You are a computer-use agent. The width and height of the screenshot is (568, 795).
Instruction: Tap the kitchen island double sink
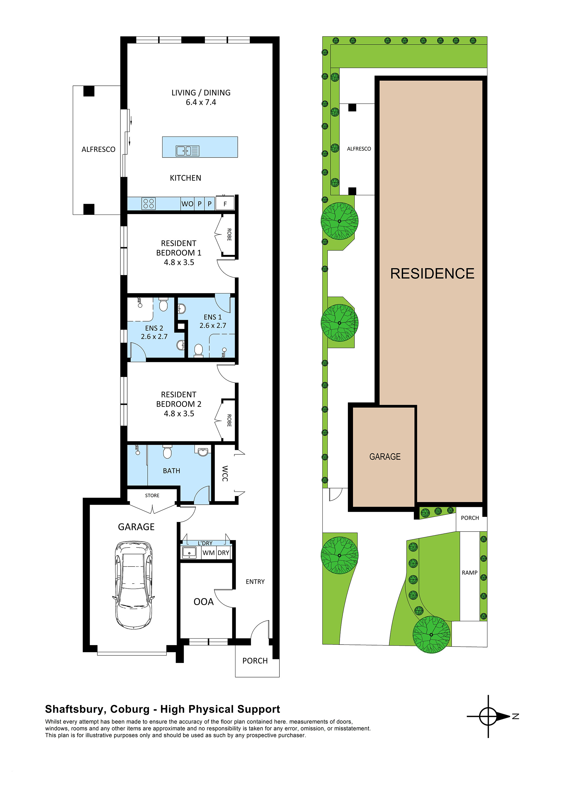tap(187, 151)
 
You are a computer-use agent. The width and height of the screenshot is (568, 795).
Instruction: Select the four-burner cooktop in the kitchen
tap(148, 204)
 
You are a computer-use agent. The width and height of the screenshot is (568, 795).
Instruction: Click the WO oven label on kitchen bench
tap(187, 204)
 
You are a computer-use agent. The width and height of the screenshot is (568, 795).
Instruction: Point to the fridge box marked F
tap(225, 204)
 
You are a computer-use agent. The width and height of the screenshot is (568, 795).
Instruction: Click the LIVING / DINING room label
tap(201, 93)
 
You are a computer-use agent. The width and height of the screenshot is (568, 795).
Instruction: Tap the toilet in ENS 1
tap(198, 350)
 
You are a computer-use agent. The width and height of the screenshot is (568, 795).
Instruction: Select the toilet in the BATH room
tap(167, 452)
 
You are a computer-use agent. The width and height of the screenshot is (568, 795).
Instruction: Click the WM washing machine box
tap(208, 553)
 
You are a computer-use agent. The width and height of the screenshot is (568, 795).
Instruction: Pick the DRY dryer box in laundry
tap(223, 553)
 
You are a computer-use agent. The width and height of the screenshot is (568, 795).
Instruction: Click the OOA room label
tap(203, 602)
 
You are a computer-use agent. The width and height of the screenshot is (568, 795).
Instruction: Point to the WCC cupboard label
tap(225, 473)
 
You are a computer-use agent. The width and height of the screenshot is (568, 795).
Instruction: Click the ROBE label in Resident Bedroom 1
tap(229, 234)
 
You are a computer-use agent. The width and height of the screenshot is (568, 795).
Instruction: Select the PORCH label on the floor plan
tap(255, 661)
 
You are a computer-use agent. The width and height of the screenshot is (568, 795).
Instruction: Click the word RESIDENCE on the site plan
tap(432, 274)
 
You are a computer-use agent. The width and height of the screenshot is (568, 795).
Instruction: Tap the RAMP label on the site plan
tap(469, 573)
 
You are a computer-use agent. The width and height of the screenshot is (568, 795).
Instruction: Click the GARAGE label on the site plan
tap(385, 457)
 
